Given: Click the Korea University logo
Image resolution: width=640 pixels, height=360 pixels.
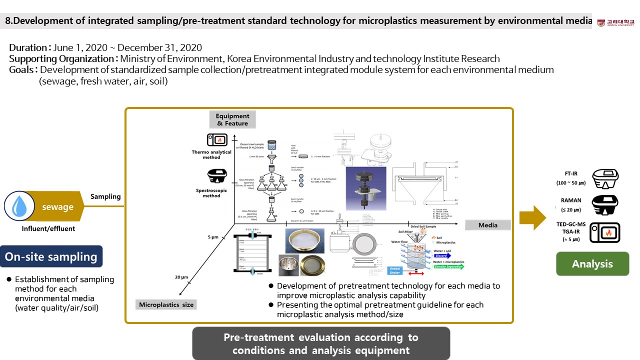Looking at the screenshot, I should [615, 22].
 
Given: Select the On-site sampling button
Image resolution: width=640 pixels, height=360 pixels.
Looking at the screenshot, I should [51, 256].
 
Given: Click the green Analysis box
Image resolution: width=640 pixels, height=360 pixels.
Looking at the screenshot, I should [592, 264].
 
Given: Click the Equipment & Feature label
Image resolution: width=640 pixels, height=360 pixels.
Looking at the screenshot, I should [232, 119].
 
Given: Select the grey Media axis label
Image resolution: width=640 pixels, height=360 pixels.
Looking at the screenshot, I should [488, 225].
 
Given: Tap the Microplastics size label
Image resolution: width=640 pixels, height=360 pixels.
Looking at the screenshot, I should [166, 304].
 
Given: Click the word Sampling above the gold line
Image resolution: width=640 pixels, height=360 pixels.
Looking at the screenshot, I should [105, 196].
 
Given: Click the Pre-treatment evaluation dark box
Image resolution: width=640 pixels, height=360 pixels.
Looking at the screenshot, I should [321, 343].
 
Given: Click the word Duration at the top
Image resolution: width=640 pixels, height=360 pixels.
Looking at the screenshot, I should [28, 48].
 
